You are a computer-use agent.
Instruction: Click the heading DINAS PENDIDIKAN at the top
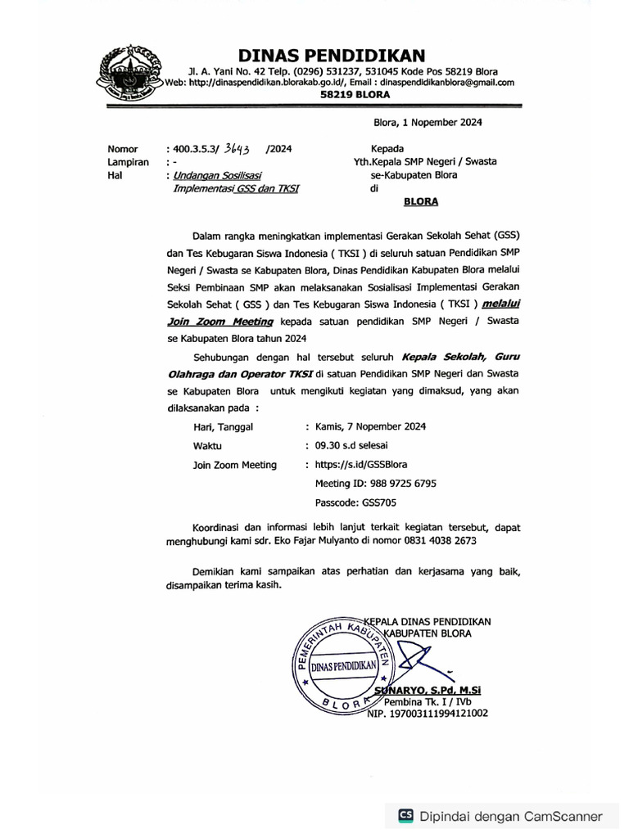(332, 56)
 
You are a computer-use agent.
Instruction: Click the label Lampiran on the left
(127, 162)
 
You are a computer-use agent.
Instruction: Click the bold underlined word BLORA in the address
(420, 200)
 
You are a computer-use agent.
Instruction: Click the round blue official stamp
(341, 666)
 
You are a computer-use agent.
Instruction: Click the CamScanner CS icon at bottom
(405, 815)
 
